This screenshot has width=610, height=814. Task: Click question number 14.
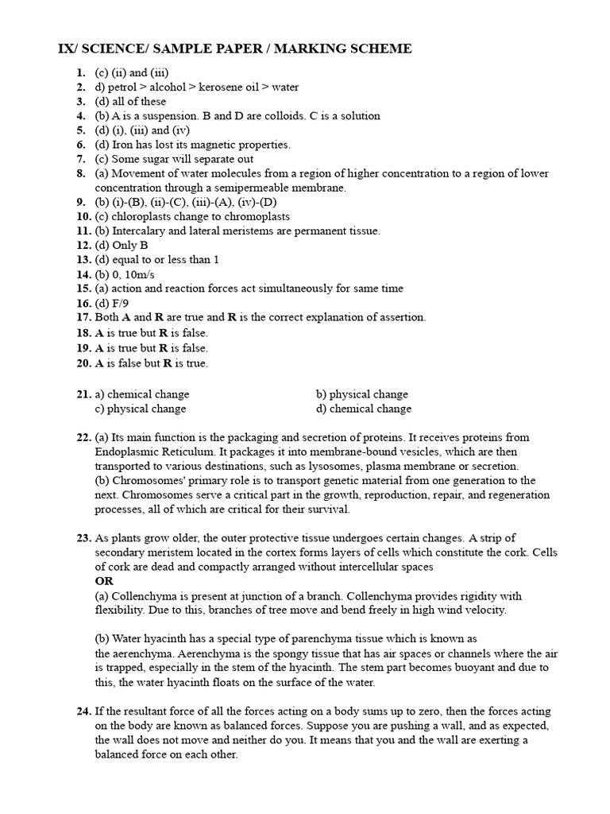[84, 274]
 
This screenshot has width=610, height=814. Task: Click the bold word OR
[104, 581]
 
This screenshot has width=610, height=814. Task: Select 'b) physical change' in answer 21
[361, 394]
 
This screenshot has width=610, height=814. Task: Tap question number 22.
[84, 438]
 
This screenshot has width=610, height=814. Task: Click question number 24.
[84, 711]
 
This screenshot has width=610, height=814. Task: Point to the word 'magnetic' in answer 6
[216, 145]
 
